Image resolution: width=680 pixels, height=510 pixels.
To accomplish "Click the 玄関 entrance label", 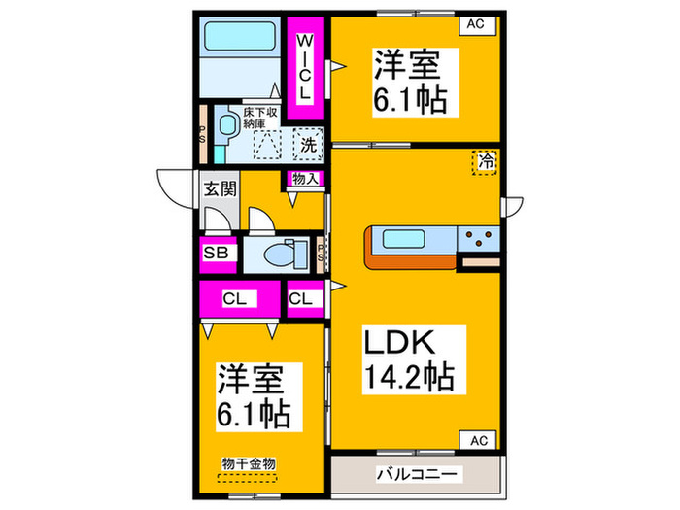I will pos(220,188).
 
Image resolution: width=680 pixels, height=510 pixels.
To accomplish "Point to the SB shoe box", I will pos(217,254).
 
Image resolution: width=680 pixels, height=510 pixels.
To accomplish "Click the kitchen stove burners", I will pos(478,235).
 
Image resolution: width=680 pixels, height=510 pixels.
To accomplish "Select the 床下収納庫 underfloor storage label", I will pos(261,118).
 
